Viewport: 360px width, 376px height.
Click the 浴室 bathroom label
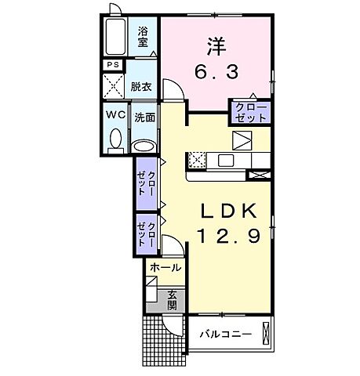coord(144,38)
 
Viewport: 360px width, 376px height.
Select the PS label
coord(113,64)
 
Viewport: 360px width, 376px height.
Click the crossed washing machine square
coord(115,85)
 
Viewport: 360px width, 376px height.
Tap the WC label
coord(116,114)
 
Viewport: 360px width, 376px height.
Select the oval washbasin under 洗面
coord(143,146)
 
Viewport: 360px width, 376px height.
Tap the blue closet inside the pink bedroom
coord(249,112)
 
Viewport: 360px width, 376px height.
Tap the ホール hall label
coord(165,268)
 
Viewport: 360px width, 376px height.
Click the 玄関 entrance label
coord(171,300)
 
